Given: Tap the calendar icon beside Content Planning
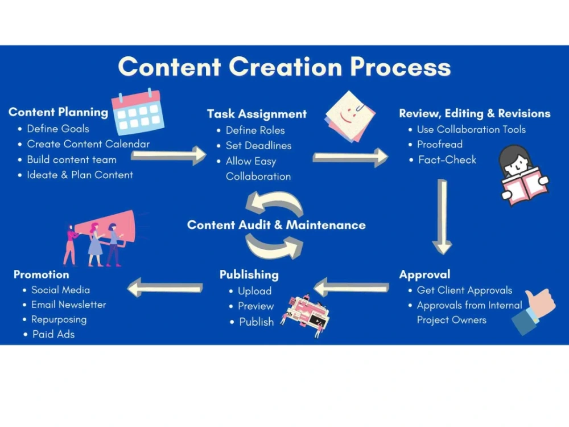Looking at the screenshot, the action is click(138, 112).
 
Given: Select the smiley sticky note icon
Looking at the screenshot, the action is click(350, 116).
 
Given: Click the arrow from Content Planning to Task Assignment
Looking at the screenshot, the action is click(168, 155).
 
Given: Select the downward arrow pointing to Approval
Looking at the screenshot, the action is click(442, 216).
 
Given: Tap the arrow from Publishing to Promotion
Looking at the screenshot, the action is click(165, 288).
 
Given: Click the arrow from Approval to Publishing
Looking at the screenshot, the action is click(351, 288).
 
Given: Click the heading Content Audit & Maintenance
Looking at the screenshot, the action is click(276, 225).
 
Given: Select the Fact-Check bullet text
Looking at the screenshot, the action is click(447, 160).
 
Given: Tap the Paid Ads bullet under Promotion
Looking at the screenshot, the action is click(53, 334).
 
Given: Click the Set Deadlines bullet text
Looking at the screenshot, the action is click(258, 146).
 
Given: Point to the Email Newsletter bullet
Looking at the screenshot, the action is click(69, 305).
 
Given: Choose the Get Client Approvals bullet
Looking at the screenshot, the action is click(464, 290).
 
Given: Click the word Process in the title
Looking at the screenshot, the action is click(400, 67).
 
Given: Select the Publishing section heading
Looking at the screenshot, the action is click(249, 275).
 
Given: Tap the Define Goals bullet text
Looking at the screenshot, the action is click(57, 129).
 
